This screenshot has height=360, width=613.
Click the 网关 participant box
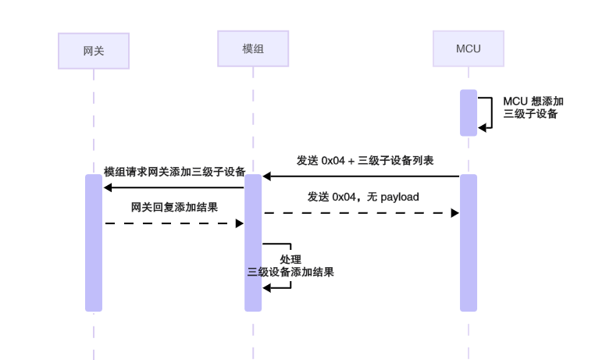coord(93,51)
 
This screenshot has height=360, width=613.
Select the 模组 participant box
coord(253,48)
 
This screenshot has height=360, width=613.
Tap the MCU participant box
coord(468,48)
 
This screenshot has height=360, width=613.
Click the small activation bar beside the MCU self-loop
coord(468,112)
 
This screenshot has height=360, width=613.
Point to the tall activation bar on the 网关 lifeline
coord(93,242)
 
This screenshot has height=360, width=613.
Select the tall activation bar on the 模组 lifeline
coord(253,242)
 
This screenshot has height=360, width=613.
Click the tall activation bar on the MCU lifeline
coord(468,242)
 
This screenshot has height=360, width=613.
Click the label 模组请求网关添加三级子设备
coord(175,172)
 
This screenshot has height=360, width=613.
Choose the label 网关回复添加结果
coord(174,208)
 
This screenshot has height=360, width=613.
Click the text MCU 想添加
coord(533,101)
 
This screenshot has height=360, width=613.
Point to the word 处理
coord(290,259)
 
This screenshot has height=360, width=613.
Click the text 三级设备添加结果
coord(290,272)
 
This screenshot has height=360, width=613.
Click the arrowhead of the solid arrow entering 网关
coord(108,187)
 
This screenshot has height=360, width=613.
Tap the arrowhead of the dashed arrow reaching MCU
coord(454,212)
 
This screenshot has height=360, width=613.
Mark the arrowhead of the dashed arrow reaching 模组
coord(240,223)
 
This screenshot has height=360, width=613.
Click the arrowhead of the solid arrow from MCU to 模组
coord(267,176)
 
